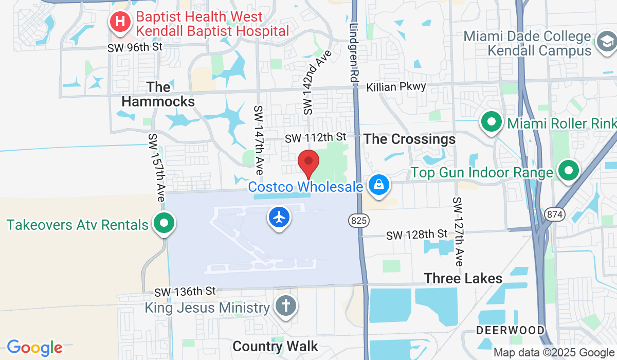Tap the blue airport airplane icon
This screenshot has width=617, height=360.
point(279,217)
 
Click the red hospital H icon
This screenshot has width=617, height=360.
point(120,22)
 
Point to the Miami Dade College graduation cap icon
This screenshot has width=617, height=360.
point(606,43)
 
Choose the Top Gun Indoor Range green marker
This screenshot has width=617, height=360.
point(569,172)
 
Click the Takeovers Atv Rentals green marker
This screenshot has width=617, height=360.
point(164,224)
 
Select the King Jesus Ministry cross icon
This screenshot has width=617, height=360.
point(285,306)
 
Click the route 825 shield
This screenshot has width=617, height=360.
point(358,221)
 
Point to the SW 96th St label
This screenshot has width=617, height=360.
point(135,47)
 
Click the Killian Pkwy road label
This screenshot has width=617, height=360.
point(396,87)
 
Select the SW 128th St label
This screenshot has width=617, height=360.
point(417,235)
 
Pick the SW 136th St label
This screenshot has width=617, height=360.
point(185,292)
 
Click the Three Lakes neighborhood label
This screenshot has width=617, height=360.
point(463,278)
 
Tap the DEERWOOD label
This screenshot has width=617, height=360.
point(510,330)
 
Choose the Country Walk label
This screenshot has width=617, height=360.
point(275,346)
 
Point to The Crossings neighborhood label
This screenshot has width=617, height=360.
point(409,139)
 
